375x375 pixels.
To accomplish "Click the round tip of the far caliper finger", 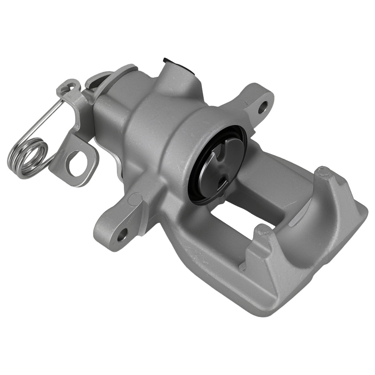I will tap(322, 172).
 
